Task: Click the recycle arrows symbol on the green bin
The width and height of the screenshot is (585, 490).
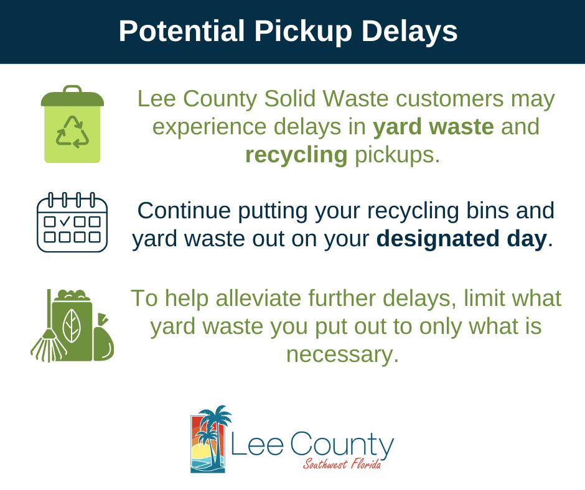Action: pos(72,131)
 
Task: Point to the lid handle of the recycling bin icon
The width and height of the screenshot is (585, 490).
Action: pos(72,89)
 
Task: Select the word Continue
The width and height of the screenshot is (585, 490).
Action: pos(184,211)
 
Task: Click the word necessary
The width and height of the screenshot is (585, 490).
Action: pos(342,354)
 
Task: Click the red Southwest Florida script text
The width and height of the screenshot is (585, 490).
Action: pos(342,464)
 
